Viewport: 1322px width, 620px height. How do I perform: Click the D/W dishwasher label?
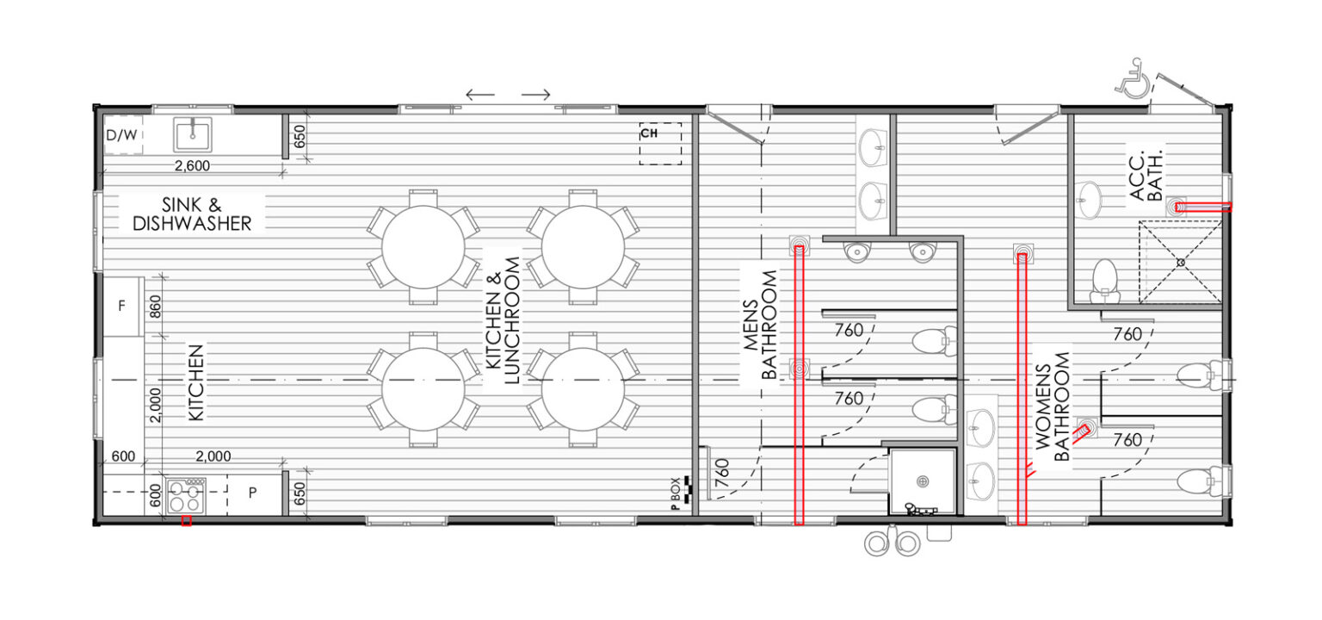tap(121, 135)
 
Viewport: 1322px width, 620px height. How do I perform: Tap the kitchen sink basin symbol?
tap(193, 134)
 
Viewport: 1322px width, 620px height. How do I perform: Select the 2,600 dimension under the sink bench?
tap(193, 166)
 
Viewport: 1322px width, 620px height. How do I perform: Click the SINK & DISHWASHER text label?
tap(192, 214)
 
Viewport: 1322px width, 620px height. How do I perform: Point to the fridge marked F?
tap(123, 306)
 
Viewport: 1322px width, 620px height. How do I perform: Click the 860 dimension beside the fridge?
tap(155, 307)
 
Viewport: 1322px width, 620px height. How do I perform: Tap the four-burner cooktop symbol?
tap(186, 495)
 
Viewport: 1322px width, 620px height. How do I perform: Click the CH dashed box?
tap(660, 144)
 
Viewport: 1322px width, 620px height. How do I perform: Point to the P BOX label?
tap(676, 493)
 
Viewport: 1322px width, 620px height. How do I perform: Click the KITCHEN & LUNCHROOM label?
tap(503, 320)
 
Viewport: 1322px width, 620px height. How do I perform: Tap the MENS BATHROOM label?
tap(760, 324)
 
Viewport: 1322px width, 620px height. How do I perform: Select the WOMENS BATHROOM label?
tap(1053, 406)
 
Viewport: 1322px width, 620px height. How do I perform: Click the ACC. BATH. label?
tap(1146, 176)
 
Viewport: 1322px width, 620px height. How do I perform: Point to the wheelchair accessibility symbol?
tap(1133, 78)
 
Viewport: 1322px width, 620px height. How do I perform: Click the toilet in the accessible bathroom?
tap(1105, 282)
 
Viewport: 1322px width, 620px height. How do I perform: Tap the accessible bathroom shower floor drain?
tap(1181, 262)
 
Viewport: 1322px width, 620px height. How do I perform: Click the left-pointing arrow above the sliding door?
tap(480, 95)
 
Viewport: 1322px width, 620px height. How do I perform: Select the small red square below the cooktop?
tap(187, 521)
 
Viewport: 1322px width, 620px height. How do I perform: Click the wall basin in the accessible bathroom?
tap(1088, 200)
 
